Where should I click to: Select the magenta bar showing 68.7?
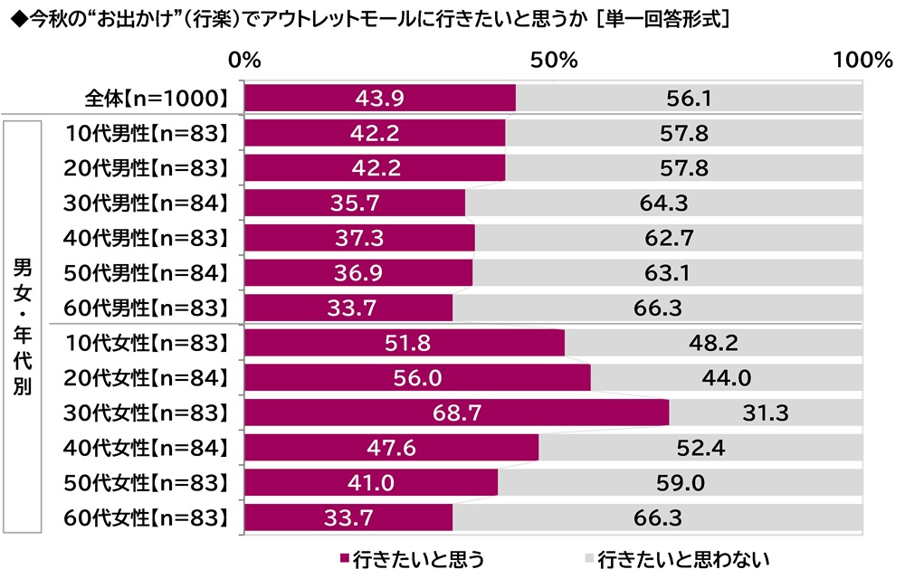coord(456,413)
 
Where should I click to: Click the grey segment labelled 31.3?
coord(765,413)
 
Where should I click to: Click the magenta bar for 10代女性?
coord(404,343)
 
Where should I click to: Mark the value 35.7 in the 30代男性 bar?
coord(355,203)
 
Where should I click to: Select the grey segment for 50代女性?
coord(681,482)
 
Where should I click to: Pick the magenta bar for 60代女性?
coord(348,517)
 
